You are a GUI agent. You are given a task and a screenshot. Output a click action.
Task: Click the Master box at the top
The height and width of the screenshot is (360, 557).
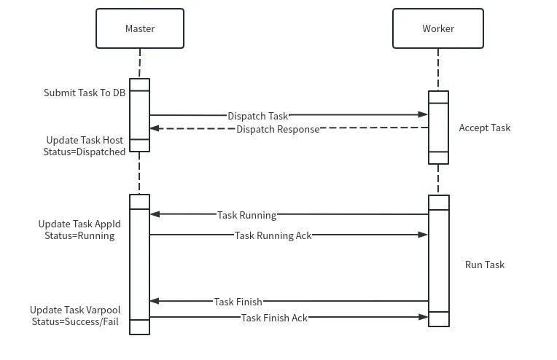pos(139,29)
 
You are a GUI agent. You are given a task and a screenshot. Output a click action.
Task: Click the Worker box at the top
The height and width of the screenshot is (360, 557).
pos(437,29)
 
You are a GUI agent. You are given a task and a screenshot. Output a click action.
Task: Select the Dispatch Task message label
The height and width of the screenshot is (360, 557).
pos(258,116)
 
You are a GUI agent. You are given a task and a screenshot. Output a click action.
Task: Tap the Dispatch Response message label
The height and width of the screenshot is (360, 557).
pos(278,130)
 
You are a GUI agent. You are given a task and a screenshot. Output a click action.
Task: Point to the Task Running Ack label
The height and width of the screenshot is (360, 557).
pos(273,236)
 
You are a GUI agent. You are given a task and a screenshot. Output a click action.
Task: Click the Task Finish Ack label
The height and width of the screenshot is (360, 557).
pos(274,318)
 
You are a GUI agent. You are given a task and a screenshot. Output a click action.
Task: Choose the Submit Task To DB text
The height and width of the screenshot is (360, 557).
pos(85,93)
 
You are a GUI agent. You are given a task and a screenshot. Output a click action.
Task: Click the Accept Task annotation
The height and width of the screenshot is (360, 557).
pos(484,128)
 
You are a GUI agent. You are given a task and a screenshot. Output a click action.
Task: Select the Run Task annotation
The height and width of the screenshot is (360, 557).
pos(484,265)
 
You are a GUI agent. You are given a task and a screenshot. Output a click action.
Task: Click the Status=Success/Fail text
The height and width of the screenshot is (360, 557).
pos(75,321)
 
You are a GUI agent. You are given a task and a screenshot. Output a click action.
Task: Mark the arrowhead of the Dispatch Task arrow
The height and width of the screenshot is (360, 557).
pos(424,114)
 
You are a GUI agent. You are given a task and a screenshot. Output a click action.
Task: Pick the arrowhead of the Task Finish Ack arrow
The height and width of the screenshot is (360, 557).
pos(424,317)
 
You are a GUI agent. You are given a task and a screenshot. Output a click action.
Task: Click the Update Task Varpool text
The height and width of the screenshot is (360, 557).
pos(75,310)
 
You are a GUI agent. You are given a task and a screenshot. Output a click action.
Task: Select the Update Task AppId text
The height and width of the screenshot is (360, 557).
pos(79,224)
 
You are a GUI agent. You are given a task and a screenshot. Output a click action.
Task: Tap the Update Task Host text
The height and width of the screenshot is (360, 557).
pos(85,140)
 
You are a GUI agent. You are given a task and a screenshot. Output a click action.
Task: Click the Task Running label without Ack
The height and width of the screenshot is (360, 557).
pos(246,215)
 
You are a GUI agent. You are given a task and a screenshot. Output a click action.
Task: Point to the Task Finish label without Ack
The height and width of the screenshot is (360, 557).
pos(238,302)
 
